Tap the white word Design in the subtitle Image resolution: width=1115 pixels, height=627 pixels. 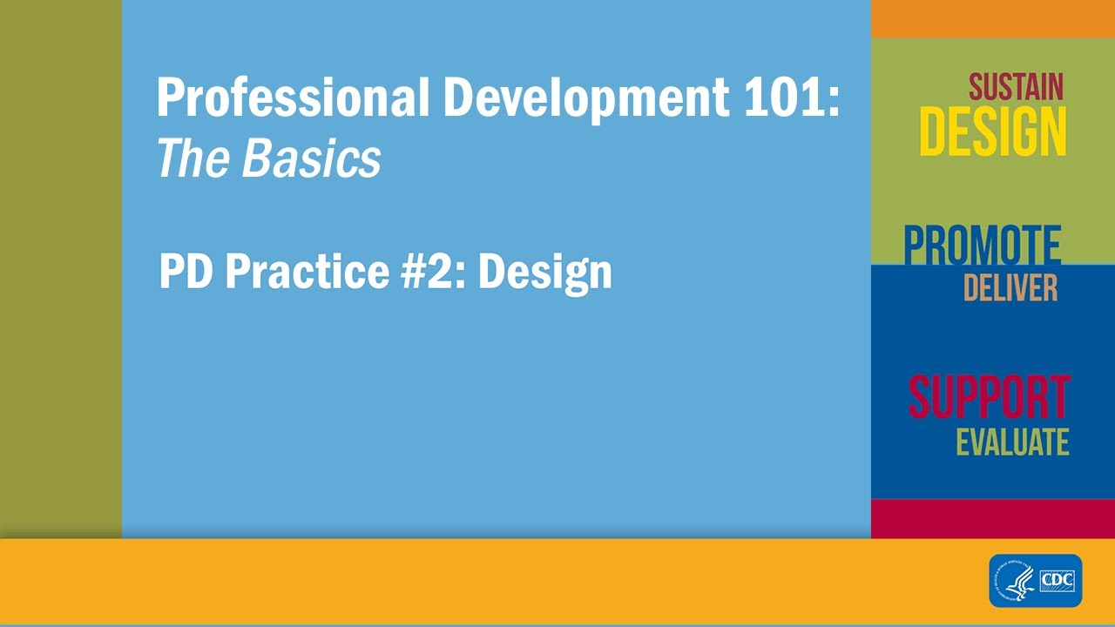point(545,273)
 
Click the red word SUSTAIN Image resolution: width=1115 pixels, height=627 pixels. point(1016,87)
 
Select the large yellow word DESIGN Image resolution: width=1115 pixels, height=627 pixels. point(992,133)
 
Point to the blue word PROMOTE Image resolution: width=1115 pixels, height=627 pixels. point(982,246)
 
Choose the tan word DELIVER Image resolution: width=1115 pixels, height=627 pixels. point(1010,287)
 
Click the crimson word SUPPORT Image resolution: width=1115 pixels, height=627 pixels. point(989,398)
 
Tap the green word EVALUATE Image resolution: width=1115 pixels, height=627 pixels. point(1012,442)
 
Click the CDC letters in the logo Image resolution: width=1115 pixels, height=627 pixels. point(1058,579)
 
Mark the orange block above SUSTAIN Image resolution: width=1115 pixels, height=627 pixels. point(992,18)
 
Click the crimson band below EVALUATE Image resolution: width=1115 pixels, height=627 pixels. point(992,518)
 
